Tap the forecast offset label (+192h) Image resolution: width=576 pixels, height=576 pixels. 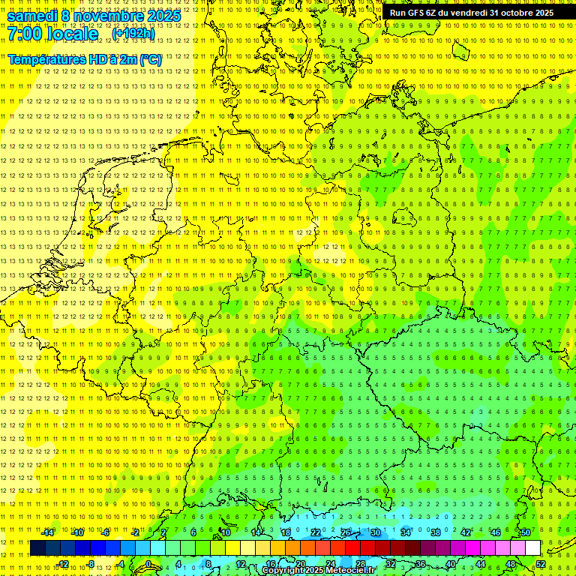click(133, 34)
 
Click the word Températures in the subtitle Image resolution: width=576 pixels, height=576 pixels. click(46, 59)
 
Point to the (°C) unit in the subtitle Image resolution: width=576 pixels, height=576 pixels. click(150, 59)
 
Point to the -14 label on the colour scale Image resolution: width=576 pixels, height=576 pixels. click(48, 532)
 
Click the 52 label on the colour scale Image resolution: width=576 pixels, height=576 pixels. click(541, 564)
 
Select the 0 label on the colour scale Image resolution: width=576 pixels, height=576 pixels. click(148, 564)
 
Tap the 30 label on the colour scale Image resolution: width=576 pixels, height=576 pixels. click(375, 532)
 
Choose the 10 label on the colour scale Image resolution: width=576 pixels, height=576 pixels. click(225, 532)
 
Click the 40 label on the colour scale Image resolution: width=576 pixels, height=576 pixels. click(450, 564)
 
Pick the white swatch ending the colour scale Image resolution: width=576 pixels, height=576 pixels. click(532, 547)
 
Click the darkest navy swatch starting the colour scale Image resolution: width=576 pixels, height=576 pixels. click(37, 547)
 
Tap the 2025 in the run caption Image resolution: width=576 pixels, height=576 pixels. click(543, 13)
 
